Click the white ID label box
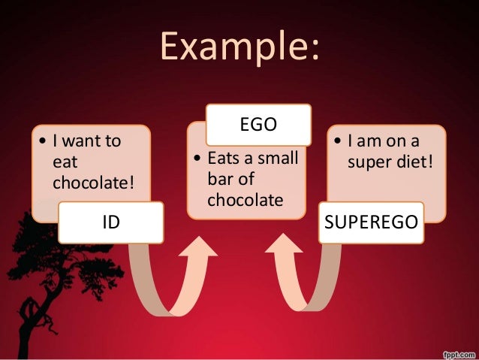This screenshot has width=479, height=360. point(110,222)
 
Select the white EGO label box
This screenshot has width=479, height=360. point(259,125)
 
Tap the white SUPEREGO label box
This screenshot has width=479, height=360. point(371,222)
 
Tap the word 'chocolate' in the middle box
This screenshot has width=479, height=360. point(245,200)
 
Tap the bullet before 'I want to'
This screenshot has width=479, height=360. point(42,141)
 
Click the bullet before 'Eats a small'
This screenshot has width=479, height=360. point(197,159)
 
